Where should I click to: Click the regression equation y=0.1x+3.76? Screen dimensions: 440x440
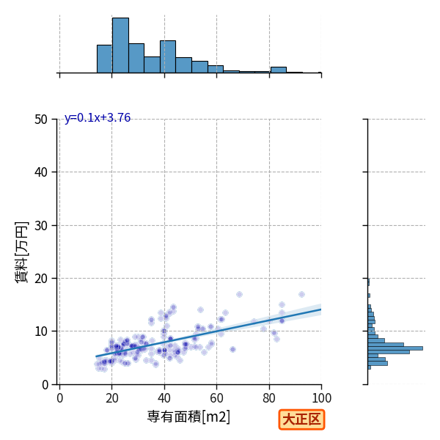(x=98, y=118)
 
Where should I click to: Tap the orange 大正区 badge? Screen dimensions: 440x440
(x=301, y=419)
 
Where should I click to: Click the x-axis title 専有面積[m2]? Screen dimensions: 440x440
(x=188, y=417)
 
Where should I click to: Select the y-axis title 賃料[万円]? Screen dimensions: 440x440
(x=22, y=252)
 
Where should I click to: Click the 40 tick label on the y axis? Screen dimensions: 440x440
(x=41, y=172)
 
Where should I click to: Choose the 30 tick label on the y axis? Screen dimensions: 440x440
(x=41, y=226)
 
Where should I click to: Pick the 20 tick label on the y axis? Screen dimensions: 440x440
(x=41, y=279)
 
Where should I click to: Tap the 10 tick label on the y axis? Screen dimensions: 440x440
(x=41, y=331)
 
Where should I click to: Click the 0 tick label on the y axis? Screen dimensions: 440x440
(x=45, y=385)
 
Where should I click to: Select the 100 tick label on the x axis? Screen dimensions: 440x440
(x=322, y=398)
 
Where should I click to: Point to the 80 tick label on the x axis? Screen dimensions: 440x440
(x=269, y=398)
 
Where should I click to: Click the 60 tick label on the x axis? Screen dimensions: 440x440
(x=216, y=398)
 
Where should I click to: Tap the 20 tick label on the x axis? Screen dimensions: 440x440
(x=112, y=398)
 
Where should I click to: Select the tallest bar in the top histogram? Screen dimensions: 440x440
(x=121, y=45)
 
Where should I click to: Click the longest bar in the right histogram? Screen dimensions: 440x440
(x=395, y=348)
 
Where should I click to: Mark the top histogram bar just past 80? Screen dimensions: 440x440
(x=279, y=70)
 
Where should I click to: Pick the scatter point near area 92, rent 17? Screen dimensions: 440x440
(x=301, y=294)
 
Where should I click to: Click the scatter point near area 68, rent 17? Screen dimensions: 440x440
(x=239, y=294)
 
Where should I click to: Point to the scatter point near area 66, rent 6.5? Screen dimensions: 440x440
(x=232, y=349)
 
